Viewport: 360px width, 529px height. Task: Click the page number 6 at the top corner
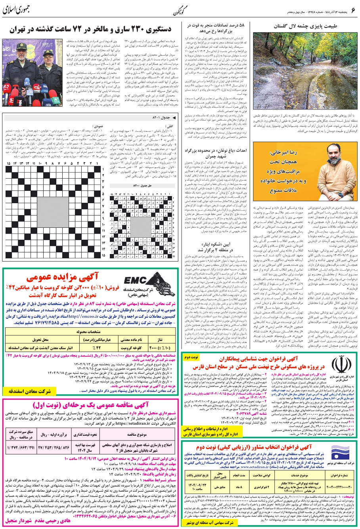(352, 8)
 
